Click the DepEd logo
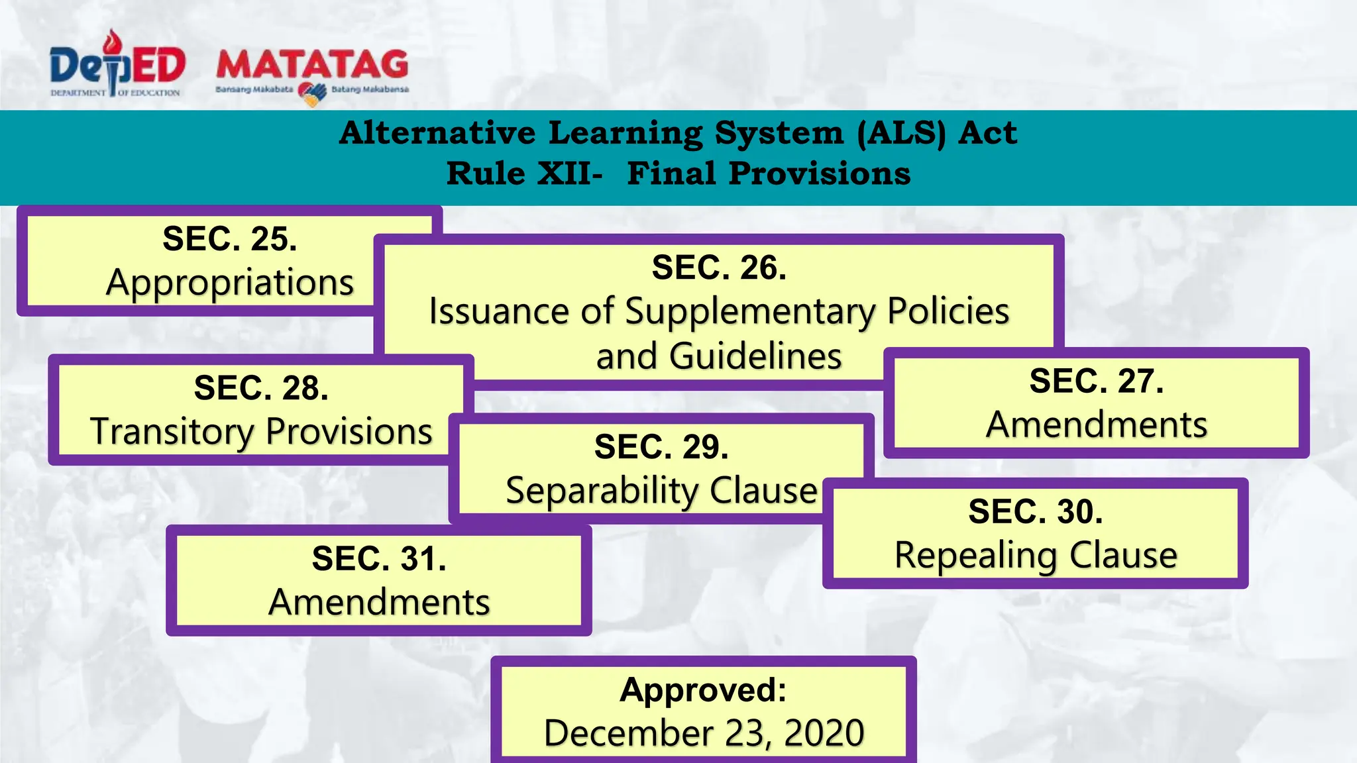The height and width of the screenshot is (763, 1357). point(117,65)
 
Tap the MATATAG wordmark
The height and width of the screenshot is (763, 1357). point(312,64)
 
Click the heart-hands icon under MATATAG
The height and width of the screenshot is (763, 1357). point(312,93)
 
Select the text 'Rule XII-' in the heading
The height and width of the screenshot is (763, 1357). point(524,174)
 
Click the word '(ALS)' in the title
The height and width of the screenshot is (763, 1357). point(900,132)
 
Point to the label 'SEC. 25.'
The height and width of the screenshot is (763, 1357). point(230,238)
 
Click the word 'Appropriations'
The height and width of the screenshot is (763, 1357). point(230,283)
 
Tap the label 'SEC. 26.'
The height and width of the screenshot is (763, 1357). point(719,268)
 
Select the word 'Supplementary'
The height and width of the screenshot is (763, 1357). point(750,311)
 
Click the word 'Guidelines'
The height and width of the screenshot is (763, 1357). point(755,356)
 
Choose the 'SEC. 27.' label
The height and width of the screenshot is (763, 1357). point(1097,381)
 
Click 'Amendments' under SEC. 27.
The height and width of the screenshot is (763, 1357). point(1097,425)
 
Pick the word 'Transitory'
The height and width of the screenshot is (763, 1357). point(172,432)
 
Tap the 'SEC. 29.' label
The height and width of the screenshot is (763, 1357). point(661,446)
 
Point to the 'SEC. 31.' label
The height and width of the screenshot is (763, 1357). point(379,558)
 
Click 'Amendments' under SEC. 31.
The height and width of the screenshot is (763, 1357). point(379,602)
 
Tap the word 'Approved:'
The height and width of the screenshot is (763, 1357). point(704,689)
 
